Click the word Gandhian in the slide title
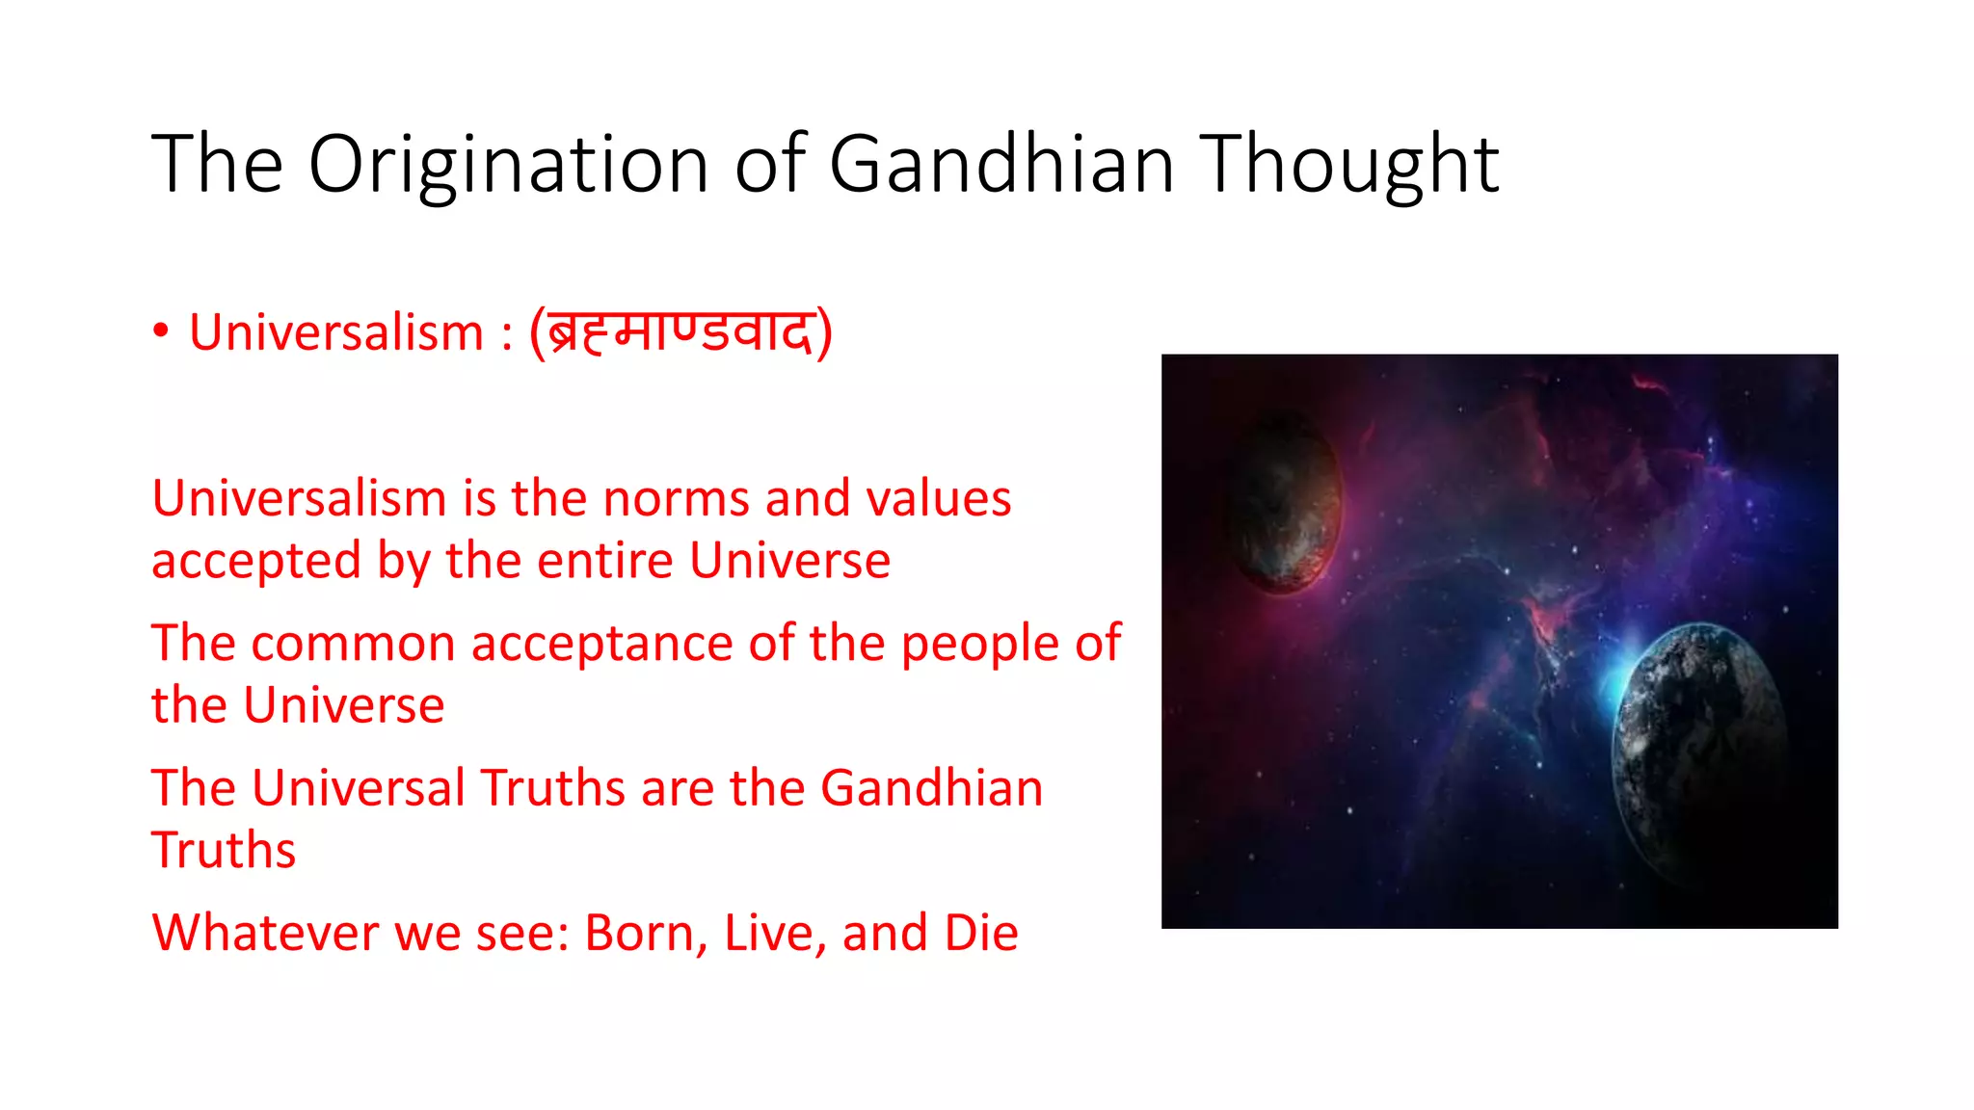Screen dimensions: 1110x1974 1001,164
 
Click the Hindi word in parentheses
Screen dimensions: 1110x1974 680,333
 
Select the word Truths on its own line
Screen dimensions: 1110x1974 224,851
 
